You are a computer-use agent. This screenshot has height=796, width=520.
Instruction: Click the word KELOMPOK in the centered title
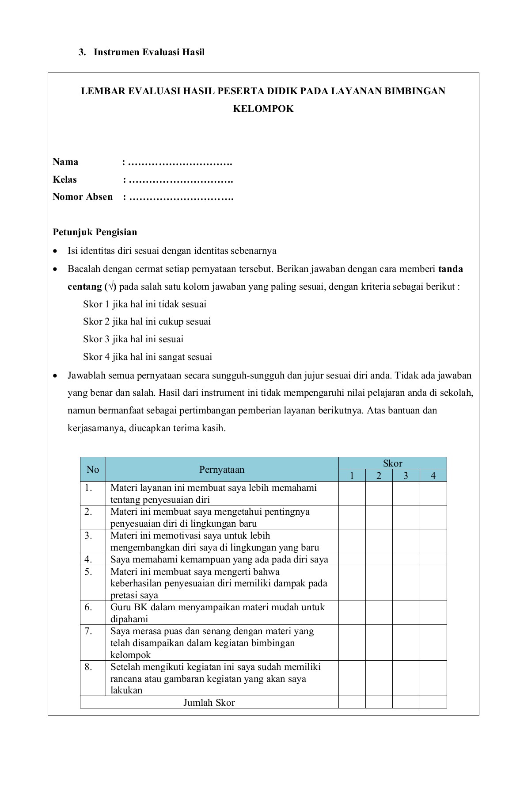(x=263, y=109)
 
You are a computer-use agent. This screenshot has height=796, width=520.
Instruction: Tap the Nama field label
(x=65, y=162)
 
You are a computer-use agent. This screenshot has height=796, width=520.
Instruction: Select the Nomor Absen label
(x=83, y=197)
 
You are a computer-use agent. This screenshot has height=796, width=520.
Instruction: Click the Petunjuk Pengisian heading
(x=95, y=232)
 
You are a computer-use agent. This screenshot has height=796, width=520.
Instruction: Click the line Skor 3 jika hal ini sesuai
(x=133, y=339)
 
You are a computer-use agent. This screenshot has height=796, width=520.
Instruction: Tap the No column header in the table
(x=93, y=470)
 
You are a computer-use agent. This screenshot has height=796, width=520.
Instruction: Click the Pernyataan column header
(x=222, y=470)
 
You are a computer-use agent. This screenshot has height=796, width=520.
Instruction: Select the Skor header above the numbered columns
(x=392, y=463)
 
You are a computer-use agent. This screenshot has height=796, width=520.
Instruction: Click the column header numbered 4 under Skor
(x=433, y=476)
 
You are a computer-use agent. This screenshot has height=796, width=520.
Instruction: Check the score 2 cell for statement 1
(x=379, y=494)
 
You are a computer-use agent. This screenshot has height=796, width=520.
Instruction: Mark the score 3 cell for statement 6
(x=406, y=613)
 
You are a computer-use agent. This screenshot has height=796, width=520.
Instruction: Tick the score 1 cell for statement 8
(x=352, y=678)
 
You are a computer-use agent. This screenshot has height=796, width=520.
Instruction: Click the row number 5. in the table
(x=88, y=572)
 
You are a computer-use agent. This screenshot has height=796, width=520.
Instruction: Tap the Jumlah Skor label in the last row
(x=209, y=703)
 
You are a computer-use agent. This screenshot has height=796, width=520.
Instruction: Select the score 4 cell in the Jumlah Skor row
(x=433, y=702)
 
